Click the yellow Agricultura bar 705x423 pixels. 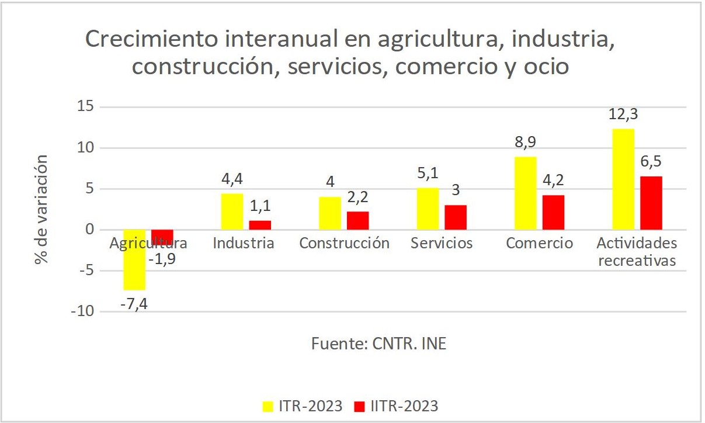[134, 260]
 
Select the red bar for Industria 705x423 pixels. [260, 225]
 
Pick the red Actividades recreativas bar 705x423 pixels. [651, 203]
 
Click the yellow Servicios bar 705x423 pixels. [428, 209]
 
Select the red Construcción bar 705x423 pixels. [357, 220]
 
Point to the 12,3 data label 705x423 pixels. [623, 115]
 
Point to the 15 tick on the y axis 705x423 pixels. [85, 107]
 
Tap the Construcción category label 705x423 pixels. [344, 243]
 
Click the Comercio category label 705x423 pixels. [539, 243]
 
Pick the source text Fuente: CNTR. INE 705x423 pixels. [378, 344]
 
